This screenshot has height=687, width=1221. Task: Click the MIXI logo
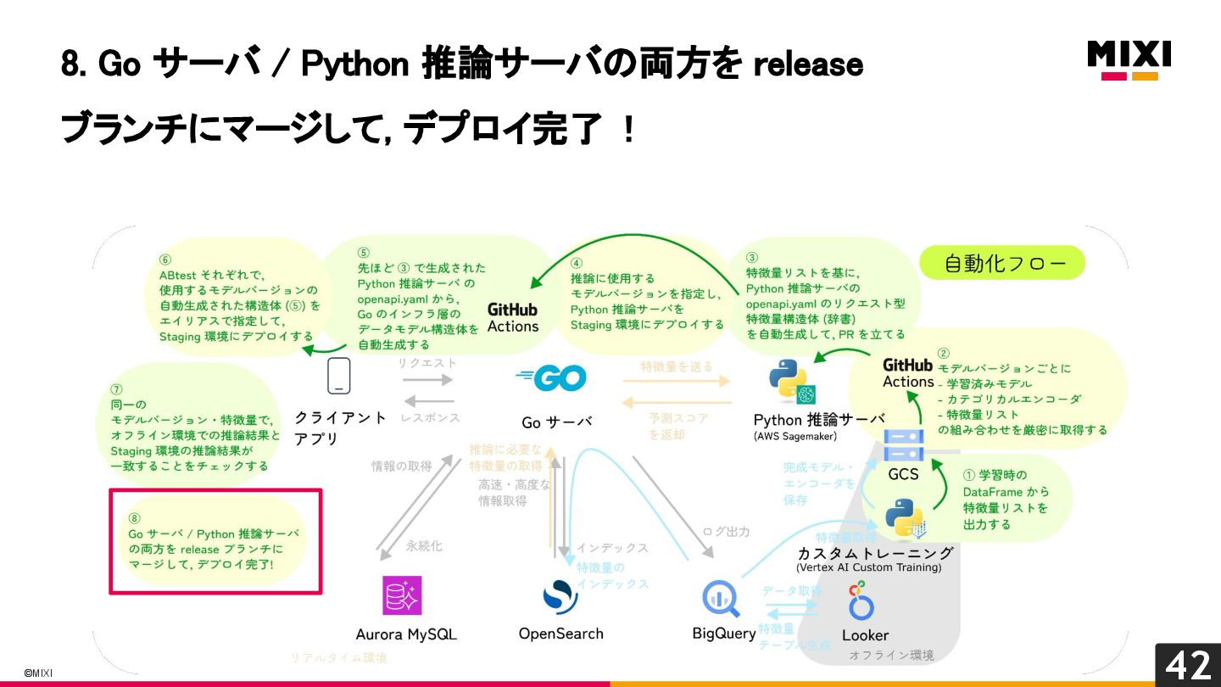(1129, 59)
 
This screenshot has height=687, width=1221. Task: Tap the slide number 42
(1187, 665)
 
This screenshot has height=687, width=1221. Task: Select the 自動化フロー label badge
(1002, 263)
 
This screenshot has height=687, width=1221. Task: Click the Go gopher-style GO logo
(550, 377)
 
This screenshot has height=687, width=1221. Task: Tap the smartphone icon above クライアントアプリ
(339, 376)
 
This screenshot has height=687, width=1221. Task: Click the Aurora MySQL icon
(402, 595)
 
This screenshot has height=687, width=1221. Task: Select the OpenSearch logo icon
(560, 596)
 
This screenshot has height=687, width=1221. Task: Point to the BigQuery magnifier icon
(721, 598)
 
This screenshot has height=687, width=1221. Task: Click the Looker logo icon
(861, 600)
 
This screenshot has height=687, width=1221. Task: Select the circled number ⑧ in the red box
(134, 518)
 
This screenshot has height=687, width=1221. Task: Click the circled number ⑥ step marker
(165, 260)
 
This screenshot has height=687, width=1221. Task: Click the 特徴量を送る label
(676, 366)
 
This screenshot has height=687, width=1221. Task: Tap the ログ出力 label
(726, 532)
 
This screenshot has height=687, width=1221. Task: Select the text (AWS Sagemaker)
(794, 437)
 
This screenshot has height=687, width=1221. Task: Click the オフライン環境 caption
(891, 656)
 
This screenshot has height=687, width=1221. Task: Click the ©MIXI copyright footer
(37, 673)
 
